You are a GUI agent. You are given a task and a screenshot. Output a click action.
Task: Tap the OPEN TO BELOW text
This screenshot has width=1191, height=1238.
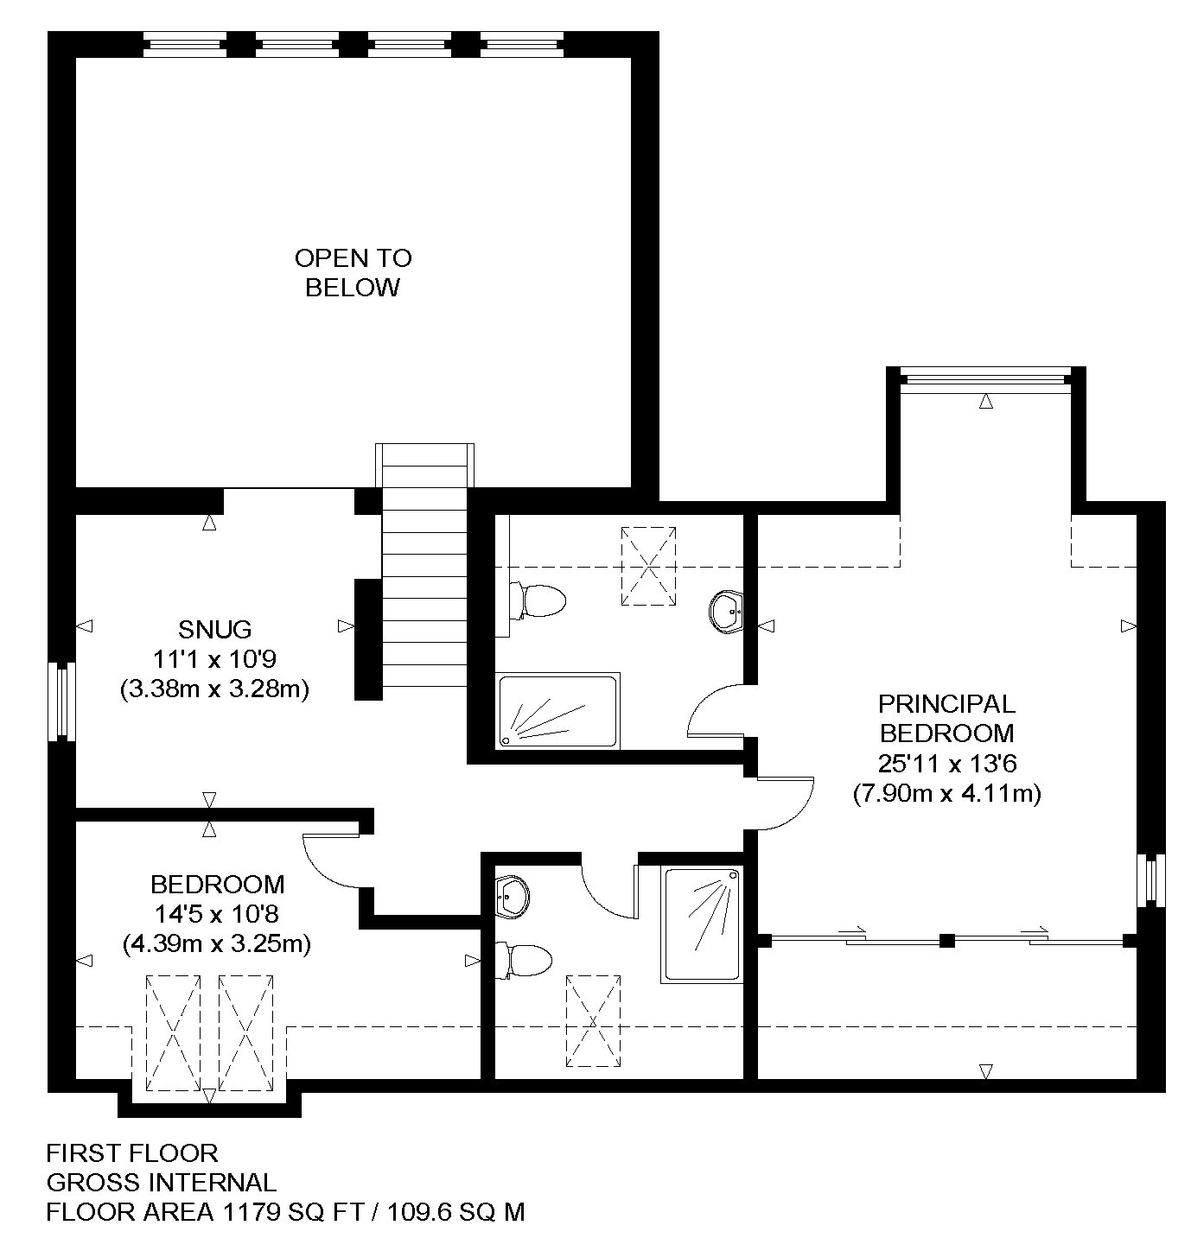[353, 273]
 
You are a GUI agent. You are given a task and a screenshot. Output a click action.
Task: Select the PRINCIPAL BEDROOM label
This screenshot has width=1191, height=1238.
[946, 719]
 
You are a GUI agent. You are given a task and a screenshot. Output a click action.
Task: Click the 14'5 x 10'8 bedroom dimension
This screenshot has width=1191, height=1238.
[216, 914]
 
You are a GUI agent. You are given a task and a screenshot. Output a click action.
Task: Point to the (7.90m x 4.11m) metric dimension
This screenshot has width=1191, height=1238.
[946, 793]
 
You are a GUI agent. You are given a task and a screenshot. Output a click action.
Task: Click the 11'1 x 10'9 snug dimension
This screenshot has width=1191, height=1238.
[214, 659]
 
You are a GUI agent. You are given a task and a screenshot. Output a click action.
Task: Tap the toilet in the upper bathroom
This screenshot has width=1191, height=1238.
[538, 601]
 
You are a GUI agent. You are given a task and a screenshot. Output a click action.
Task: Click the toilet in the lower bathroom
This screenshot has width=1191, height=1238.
[523, 960]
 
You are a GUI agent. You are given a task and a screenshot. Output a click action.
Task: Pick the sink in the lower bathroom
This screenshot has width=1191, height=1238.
[513, 897]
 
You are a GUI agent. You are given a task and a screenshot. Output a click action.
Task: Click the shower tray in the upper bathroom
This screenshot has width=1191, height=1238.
[557, 711]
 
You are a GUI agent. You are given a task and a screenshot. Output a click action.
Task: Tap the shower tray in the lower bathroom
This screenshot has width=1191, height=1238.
[702, 924]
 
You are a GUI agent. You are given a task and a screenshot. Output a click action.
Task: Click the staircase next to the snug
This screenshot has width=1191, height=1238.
[424, 566]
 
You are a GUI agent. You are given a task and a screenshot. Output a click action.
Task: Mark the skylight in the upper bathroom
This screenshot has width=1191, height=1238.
[648, 566]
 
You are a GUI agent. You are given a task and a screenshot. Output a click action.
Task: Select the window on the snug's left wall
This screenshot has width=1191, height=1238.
[62, 702]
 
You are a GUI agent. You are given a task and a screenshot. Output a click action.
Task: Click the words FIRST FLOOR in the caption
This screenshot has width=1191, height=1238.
[132, 1152]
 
